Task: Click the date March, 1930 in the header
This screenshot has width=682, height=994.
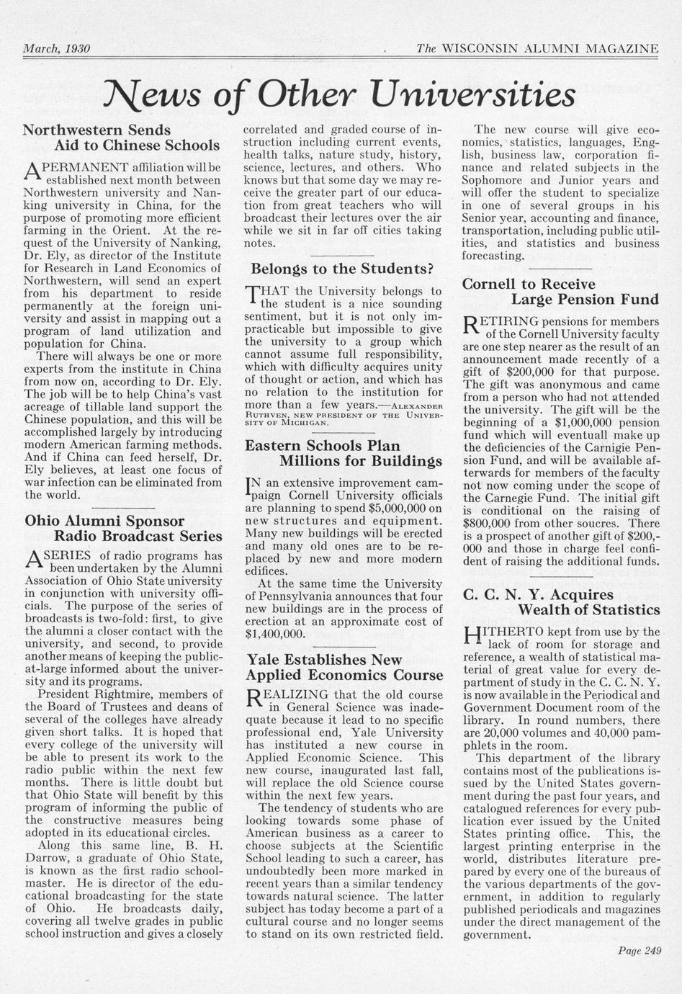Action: pyautogui.click(x=56, y=49)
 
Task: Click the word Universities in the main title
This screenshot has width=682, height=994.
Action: pyautogui.click(x=472, y=94)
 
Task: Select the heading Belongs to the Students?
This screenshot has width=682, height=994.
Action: pyautogui.click(x=341, y=269)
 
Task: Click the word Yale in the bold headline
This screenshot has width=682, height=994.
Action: pyautogui.click(x=264, y=659)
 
